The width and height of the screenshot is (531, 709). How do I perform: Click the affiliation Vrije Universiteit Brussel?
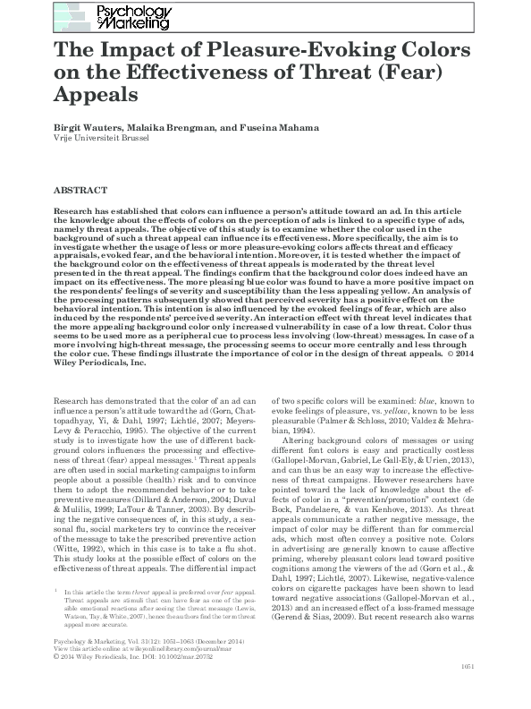96,139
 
